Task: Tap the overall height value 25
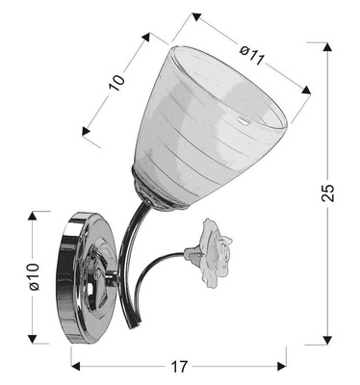329,192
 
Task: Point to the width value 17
178,367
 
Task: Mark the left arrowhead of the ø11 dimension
194,16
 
